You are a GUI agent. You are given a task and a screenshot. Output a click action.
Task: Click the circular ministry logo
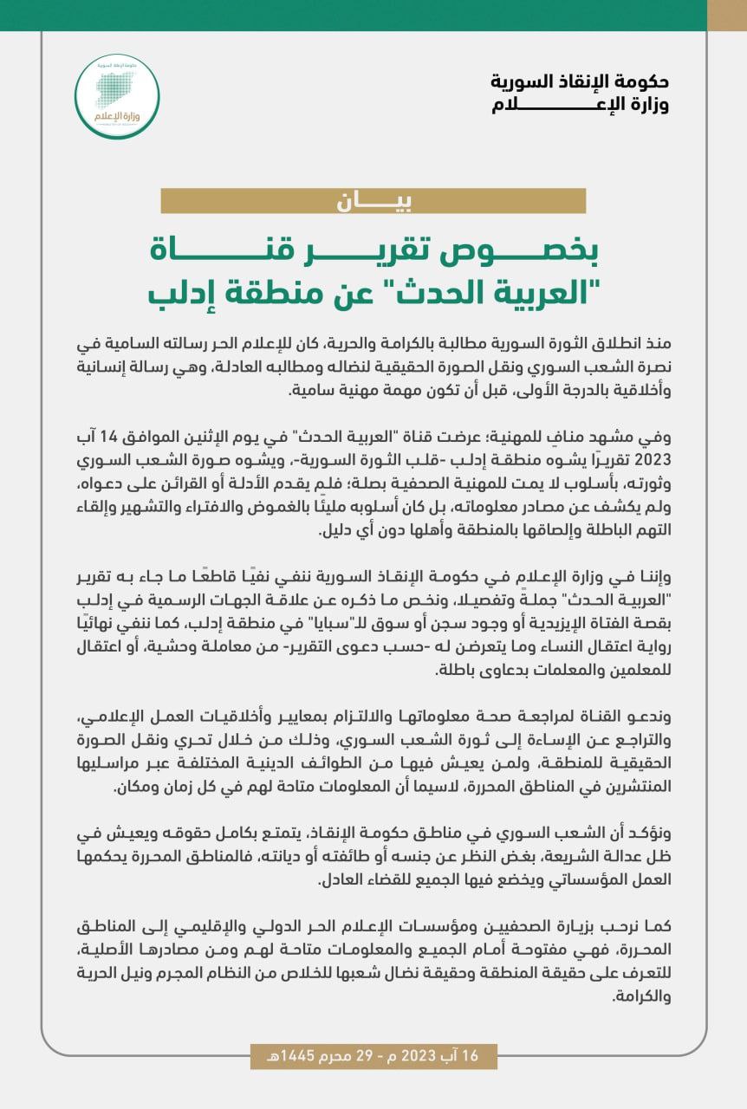pyautogui.click(x=117, y=96)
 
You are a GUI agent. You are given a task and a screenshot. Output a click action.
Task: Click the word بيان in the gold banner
pyautogui.click(x=373, y=201)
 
